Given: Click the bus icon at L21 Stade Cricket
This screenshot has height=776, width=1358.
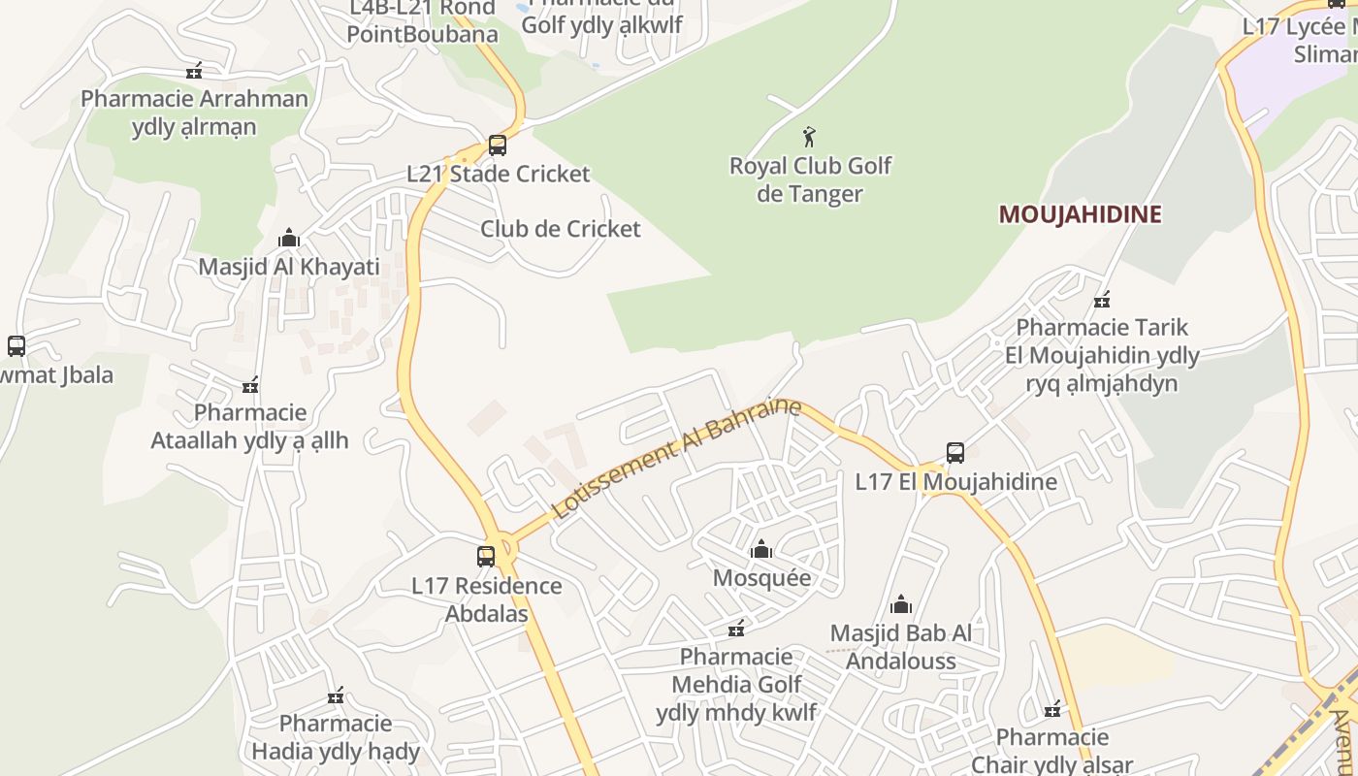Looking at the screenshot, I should click(498, 145).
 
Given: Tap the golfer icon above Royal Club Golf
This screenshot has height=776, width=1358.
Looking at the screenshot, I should click(810, 137).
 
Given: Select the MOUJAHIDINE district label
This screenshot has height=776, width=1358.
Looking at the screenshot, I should click(1080, 214).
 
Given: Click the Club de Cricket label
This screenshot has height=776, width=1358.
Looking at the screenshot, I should click(561, 229).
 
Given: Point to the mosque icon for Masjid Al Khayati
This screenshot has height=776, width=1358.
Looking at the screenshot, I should click(289, 239).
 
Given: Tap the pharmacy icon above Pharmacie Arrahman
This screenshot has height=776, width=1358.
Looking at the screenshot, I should click(194, 71).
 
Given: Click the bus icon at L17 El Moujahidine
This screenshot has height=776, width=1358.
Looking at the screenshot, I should click(955, 453).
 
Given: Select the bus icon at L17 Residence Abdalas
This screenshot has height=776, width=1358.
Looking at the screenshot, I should click(486, 557).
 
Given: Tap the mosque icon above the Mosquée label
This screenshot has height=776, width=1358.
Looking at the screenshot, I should click(761, 550).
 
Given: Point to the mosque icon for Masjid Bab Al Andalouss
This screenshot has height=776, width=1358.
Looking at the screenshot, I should click(901, 605).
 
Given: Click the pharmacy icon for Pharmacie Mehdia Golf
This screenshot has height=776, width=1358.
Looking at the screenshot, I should click(737, 629).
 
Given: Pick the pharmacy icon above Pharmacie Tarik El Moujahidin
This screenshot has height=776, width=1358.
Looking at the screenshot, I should click(1102, 300).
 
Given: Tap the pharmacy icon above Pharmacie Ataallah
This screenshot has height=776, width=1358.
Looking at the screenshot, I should click(250, 385).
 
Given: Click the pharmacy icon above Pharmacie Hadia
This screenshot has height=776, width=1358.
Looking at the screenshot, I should click(336, 695).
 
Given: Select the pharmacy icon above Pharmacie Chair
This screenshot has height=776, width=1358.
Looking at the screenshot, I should click(1052, 710).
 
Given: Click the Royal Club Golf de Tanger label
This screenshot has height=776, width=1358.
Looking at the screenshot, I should click(810, 179).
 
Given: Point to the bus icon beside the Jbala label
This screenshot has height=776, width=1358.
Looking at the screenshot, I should click(16, 346).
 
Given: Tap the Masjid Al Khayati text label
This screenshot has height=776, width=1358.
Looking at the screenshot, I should click(289, 267).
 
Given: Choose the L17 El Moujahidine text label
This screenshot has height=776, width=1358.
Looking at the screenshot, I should click(955, 481).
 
